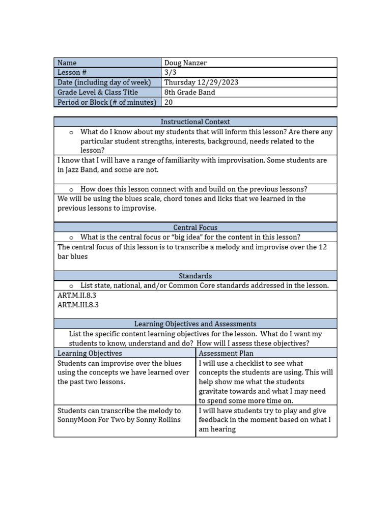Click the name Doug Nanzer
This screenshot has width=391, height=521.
[185, 63]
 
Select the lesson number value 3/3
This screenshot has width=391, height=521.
[169, 72]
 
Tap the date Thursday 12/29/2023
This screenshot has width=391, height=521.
[201, 82]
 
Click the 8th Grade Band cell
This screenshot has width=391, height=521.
[189, 92]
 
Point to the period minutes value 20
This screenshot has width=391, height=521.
[169, 102]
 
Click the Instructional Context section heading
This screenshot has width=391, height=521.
[195, 122]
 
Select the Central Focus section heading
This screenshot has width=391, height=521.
[195, 227]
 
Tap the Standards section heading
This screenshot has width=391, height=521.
[195, 276]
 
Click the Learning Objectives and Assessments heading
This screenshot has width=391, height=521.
[195, 324]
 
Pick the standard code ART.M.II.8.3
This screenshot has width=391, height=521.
[77, 295]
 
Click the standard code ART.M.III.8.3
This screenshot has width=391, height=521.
[78, 305]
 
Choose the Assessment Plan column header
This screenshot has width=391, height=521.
[226, 353]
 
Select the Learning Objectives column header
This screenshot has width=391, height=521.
[90, 353]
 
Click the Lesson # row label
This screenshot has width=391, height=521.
[72, 72]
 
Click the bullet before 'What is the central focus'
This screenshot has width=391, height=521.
[72, 238]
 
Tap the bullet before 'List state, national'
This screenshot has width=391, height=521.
[72, 286]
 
